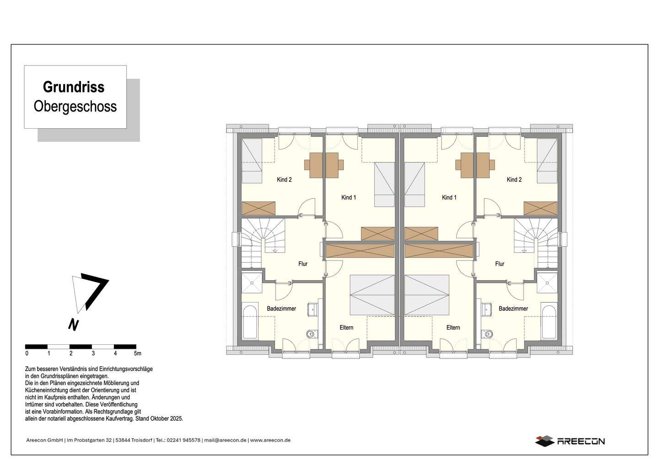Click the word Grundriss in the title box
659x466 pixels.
(74, 87)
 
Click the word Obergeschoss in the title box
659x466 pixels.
(75, 107)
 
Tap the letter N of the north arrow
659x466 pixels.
(73, 325)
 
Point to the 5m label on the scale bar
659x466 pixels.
(137, 353)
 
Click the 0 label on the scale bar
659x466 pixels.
(27, 353)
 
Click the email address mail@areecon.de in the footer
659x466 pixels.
(225, 440)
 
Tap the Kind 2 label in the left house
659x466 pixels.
(284, 179)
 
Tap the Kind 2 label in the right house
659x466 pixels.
(514, 179)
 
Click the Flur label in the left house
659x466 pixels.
(303, 264)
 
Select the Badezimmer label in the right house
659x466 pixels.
(513, 309)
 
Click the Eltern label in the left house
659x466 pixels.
(346, 327)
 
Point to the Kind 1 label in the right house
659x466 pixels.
(449, 197)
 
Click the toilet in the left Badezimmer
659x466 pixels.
(312, 334)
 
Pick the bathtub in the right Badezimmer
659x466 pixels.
(549, 322)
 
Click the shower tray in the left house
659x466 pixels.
(252, 283)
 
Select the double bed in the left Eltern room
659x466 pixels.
(372, 295)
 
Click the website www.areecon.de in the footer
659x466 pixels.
(270, 440)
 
